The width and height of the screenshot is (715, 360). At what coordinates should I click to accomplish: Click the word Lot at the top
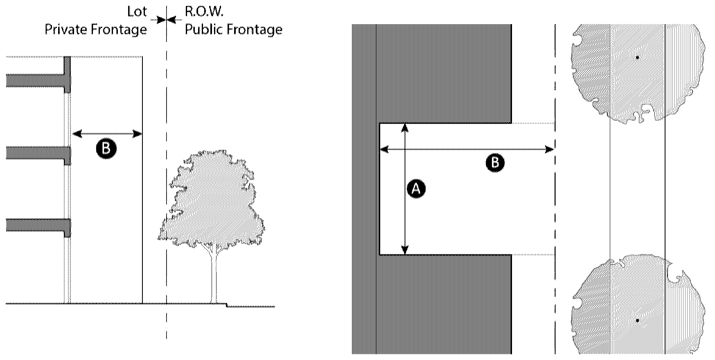click(x=137, y=11)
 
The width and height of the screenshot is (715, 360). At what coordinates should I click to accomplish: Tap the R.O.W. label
click(x=204, y=11)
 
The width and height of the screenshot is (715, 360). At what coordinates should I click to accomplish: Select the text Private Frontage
click(x=95, y=29)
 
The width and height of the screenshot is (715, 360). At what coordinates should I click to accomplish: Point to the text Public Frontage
click(x=233, y=29)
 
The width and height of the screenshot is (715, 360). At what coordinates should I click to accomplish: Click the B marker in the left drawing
click(x=106, y=149)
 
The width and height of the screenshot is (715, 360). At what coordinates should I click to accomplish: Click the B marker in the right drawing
click(x=495, y=163)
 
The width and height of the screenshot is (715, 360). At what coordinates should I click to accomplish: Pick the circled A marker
click(x=416, y=189)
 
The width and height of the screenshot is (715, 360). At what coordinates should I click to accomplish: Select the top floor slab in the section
click(x=37, y=81)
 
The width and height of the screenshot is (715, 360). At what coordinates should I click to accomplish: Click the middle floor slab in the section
click(x=37, y=153)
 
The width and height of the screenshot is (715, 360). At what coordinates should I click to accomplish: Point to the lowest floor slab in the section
click(x=37, y=225)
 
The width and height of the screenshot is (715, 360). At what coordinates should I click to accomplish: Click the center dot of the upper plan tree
click(x=637, y=58)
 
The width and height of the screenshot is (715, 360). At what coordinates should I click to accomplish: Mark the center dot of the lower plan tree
click(x=637, y=320)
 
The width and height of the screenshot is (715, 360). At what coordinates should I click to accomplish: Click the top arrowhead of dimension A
click(x=405, y=127)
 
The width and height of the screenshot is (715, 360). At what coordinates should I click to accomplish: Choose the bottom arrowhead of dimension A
click(x=405, y=250)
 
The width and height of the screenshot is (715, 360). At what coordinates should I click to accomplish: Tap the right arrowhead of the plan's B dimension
click(x=550, y=150)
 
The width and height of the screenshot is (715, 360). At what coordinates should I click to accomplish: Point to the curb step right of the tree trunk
click(x=228, y=305)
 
